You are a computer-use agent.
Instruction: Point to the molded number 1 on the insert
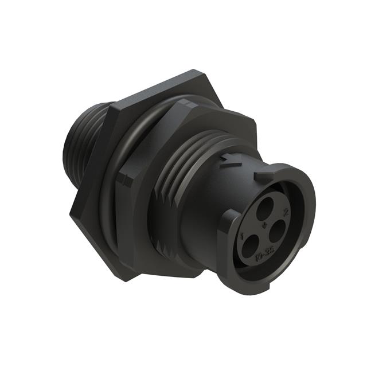[x=245, y=235]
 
